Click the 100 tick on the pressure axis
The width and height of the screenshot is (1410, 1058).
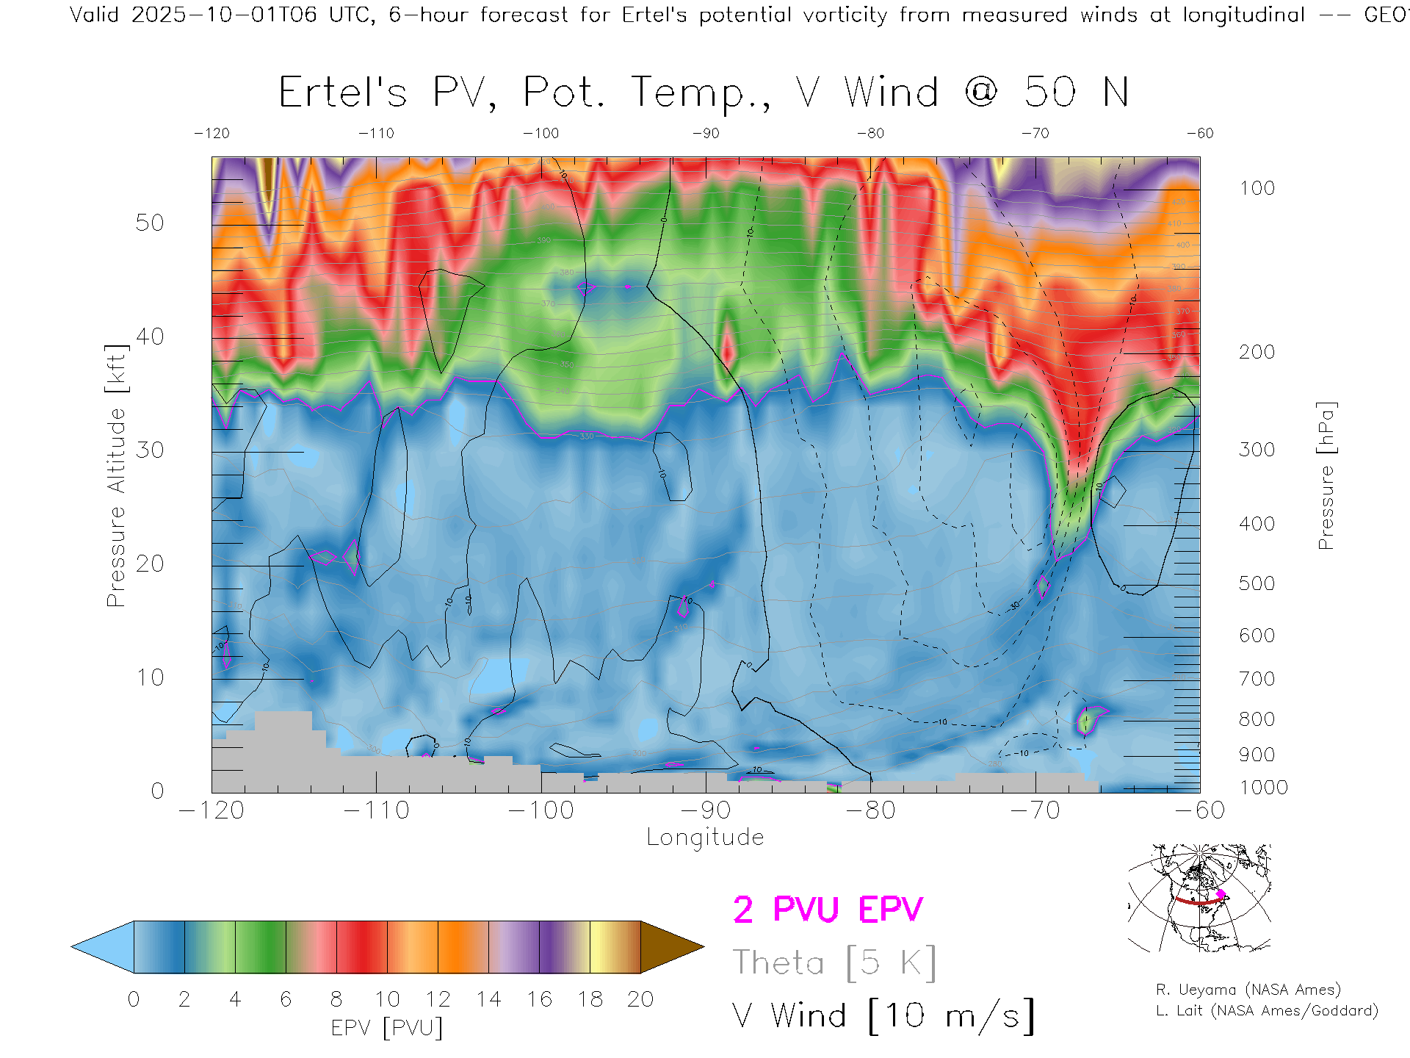point(1257,188)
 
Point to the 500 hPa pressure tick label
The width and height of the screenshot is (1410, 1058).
point(1257,583)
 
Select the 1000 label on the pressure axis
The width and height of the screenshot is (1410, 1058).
point(1263,788)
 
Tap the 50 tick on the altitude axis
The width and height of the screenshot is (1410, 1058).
point(150,223)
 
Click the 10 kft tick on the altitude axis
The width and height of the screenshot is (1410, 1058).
point(150,677)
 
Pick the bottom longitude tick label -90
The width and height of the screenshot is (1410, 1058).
point(706,810)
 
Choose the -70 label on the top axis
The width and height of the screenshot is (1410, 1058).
point(1035,134)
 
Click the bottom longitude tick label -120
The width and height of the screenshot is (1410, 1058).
point(211,810)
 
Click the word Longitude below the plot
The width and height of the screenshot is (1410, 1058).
point(705,838)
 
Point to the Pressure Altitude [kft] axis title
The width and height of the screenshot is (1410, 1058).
point(116,475)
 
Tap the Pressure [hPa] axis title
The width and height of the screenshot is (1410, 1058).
point(1326,475)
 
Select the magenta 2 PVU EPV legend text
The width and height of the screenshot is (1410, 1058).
point(828,910)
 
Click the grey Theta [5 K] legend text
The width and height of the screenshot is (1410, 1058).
point(834,962)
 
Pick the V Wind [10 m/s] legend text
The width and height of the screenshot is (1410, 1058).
point(883,1016)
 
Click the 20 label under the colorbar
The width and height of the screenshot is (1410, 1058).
point(640,999)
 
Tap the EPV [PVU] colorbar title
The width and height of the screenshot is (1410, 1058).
point(387,1028)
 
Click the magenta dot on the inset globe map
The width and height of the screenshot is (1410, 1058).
point(1221,894)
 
